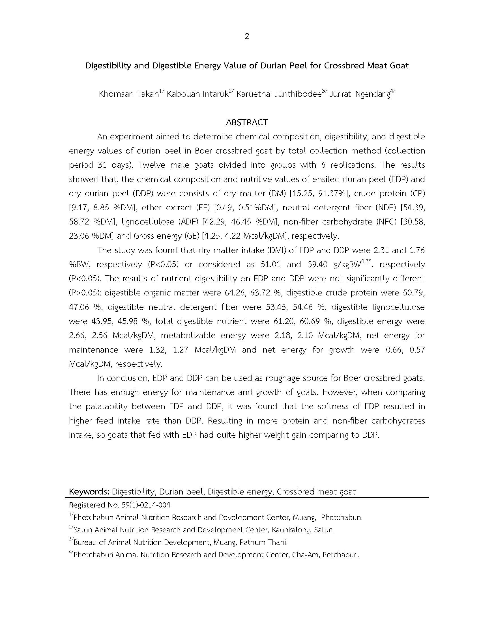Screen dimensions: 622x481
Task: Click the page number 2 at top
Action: point(247,36)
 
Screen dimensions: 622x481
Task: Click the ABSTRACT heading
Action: point(247,122)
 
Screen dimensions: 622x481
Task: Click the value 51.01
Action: point(270,265)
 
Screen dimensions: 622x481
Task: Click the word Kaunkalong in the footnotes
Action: point(291,530)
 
